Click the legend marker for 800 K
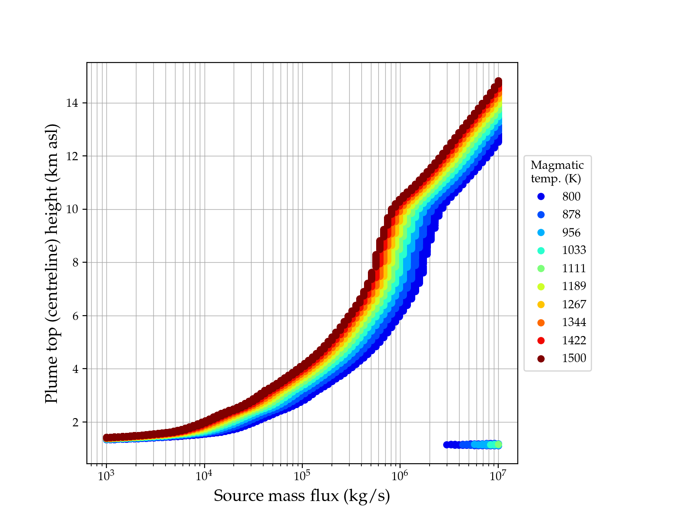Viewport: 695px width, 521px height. coord(541,197)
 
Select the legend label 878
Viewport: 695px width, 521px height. coord(571,214)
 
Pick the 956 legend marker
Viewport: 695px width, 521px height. coord(541,232)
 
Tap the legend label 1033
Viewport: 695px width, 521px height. coord(574,250)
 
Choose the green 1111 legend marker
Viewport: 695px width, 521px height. coord(541,268)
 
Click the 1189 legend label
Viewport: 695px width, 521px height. coord(574,286)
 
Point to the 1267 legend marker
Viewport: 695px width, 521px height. coord(541,304)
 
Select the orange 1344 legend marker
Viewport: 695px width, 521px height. coord(541,322)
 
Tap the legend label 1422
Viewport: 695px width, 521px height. coord(574,340)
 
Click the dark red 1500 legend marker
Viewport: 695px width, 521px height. coord(541,358)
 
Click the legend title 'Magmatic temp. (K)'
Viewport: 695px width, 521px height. coord(557,171)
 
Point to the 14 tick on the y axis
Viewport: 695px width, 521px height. coord(72,103)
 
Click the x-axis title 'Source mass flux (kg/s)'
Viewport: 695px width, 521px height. coord(302,496)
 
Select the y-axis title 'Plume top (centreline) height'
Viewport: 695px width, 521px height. coord(52,263)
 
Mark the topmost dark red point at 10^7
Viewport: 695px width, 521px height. coord(498,82)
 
